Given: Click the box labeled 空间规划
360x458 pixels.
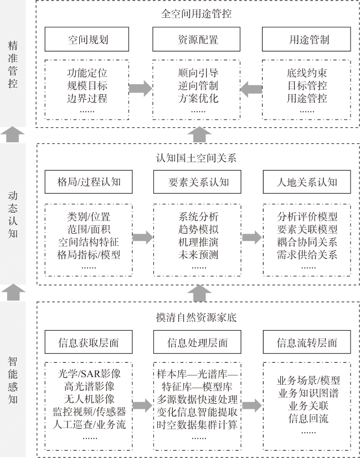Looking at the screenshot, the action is point(87,39).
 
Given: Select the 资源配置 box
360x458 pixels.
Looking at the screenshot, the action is point(197,39).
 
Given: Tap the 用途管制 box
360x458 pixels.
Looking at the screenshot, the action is point(306,39).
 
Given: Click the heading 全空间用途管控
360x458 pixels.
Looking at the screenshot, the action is point(197,14).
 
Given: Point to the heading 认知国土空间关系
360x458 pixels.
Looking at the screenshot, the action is point(197,158).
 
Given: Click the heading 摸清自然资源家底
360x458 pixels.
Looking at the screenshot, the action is point(197,317).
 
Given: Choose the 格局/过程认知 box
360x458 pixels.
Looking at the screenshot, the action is point(89,182).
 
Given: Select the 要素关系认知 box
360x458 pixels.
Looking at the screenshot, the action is point(197,182).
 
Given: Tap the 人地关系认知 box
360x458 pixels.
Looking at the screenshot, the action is point(307,182).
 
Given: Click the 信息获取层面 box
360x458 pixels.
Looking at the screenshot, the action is point(89,342).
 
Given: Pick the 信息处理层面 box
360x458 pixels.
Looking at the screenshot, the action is point(197,342).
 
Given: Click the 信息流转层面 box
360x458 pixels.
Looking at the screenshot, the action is point(307,342).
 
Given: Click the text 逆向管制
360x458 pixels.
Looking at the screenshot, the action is point(198,86).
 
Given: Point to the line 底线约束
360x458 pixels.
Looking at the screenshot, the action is point(307,73).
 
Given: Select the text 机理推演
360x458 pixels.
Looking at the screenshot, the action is point(198,242).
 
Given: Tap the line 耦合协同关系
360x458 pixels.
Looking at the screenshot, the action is point(307,242).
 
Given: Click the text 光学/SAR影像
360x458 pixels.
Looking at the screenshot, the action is point(89,374).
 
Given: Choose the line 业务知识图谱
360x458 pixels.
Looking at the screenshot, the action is point(308,393).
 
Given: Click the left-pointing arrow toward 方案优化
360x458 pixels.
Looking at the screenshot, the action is point(251,89).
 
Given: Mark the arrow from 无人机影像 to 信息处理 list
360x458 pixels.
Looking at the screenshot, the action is point(142,405).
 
